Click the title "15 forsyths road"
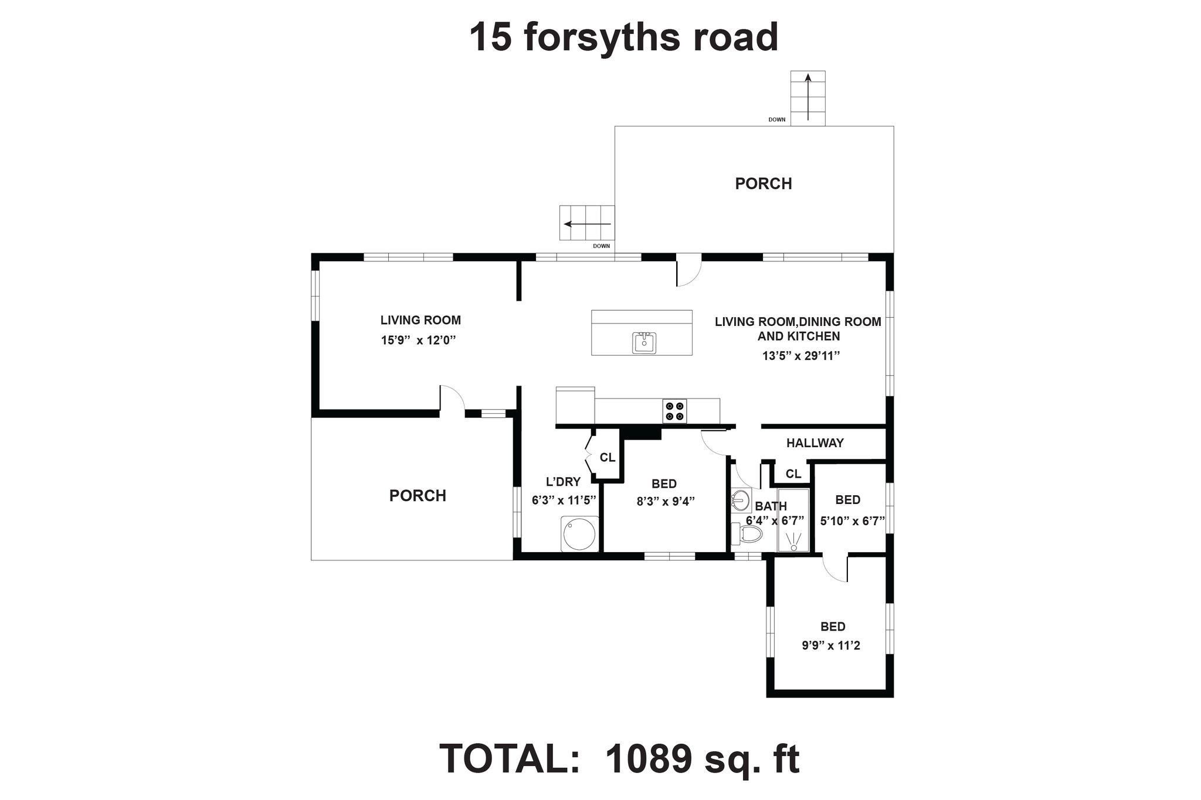click(624, 38)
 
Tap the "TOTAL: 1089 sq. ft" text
click(619, 759)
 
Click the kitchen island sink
click(644, 342)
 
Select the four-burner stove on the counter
click(674, 410)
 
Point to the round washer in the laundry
click(579, 534)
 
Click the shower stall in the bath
click(793, 520)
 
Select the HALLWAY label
click(815, 443)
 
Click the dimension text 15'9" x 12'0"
click(418, 340)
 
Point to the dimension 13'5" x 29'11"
click(801, 356)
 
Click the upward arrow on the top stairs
click(808, 97)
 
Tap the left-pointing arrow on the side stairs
click(587, 224)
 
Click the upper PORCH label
click(764, 183)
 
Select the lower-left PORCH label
click(418, 496)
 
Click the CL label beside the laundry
click(608, 457)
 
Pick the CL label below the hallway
click(793, 474)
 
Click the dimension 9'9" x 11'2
click(831, 646)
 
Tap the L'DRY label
click(563, 482)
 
